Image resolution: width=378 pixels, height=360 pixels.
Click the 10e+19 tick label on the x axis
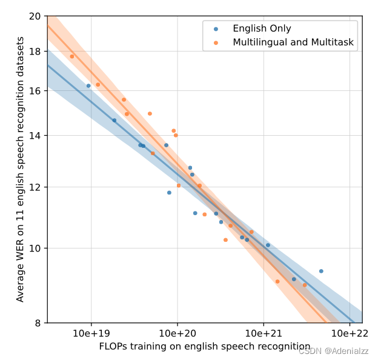[x=91, y=334]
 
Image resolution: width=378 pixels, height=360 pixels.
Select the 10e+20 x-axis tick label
[x=177, y=334]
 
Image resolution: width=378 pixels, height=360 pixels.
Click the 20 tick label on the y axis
[x=35, y=16]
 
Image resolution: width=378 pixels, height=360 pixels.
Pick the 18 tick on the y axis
[x=35, y=52]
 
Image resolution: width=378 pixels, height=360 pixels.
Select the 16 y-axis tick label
[x=35, y=91]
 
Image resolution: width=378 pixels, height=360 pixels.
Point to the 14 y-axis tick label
[x=35, y=136]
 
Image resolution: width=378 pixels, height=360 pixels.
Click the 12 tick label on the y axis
[x=35, y=187]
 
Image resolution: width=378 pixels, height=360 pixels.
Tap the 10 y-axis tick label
[x=35, y=248]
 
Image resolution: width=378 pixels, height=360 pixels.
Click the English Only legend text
[x=262, y=28]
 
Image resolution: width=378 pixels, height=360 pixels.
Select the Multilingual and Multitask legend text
[x=293, y=43]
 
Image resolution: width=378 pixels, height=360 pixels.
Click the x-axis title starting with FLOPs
[x=204, y=347]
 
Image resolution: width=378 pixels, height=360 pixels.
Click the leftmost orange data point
[x=71, y=56]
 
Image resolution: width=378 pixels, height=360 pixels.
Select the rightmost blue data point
[x=321, y=271]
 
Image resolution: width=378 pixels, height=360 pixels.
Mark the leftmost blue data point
[x=88, y=86]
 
